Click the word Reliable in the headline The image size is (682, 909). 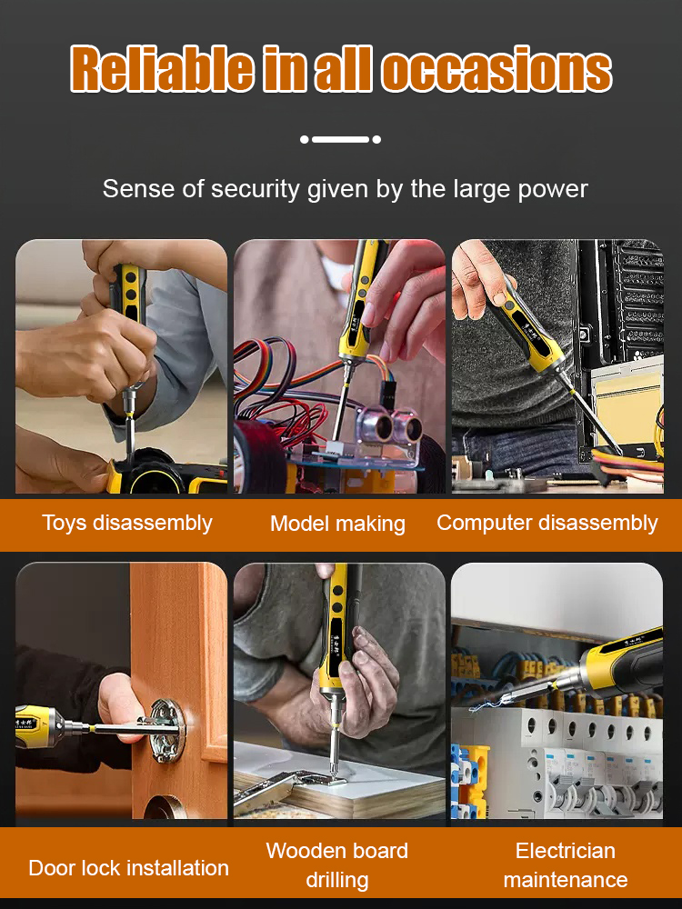coord(162,68)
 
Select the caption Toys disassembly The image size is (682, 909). coord(127,523)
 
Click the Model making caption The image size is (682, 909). coord(337,524)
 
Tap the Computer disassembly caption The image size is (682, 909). coord(547,523)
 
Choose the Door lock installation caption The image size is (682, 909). coord(129,868)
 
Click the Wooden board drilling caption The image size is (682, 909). coord(337,865)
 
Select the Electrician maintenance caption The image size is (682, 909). coord(566,865)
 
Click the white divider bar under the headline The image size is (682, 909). coord(340,139)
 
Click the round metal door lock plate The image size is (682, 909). coord(167,730)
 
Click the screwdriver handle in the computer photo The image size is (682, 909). coord(525,330)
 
